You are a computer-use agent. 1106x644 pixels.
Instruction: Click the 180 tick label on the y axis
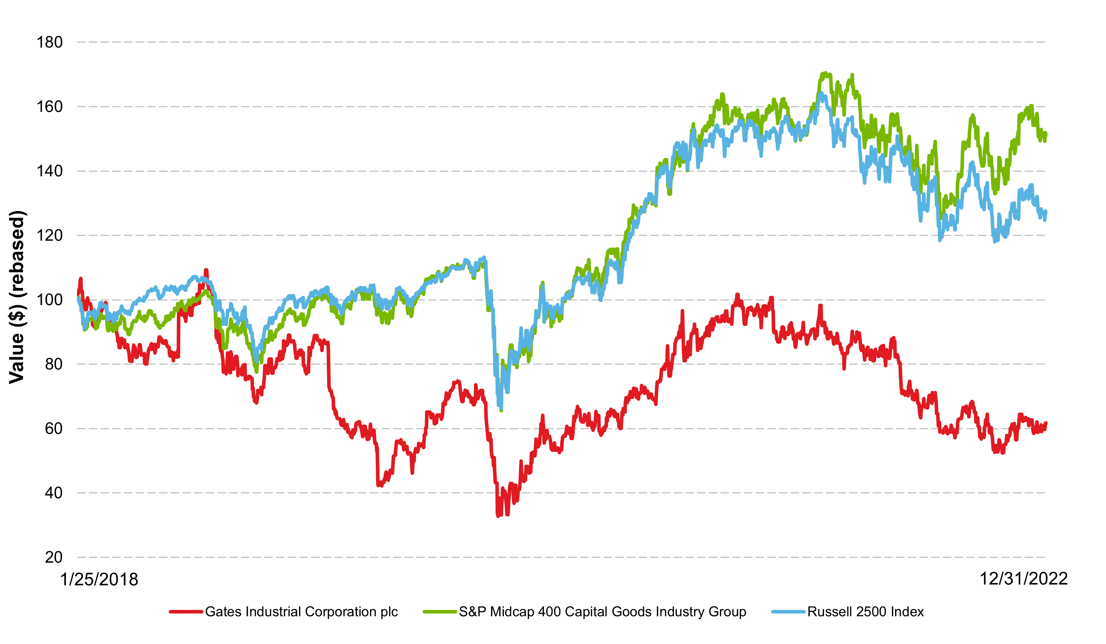pos(49,43)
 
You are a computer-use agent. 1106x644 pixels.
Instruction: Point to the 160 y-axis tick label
pos(49,107)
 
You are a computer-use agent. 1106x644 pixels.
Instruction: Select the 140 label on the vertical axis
pos(49,171)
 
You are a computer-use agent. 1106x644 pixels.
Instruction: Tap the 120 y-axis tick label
pos(49,235)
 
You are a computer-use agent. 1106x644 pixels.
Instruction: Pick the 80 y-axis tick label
pos(54,364)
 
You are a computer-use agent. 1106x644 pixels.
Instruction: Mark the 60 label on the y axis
pos(54,429)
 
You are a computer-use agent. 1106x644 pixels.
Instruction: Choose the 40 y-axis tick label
pos(54,493)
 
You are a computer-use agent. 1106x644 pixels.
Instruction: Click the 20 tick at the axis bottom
pos(54,557)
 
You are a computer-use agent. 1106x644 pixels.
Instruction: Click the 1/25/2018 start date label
pos(99,580)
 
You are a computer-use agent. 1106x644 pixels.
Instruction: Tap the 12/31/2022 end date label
pos(1023,579)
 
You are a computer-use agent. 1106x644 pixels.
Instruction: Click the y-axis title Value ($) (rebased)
pos(18,297)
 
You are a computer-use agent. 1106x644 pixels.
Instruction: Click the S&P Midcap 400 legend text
pos(602,612)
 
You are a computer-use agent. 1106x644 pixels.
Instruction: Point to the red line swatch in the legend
pos(186,612)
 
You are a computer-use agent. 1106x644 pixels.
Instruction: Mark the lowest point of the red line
pos(498,516)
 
